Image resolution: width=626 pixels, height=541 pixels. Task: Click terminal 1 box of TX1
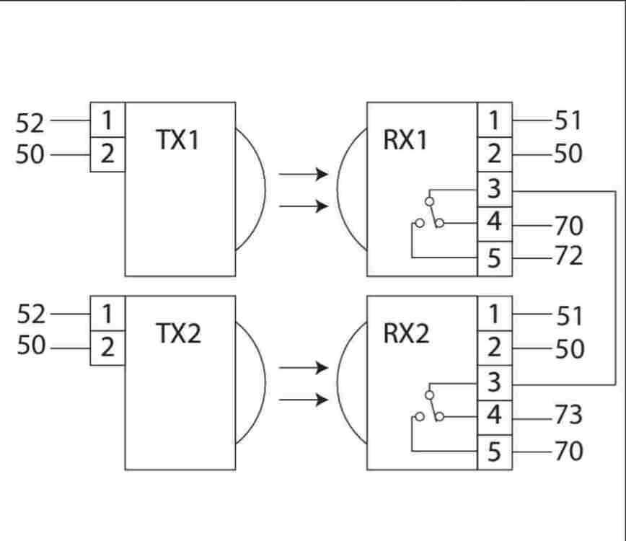pos(107,120)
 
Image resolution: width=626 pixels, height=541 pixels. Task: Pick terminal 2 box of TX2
pos(107,348)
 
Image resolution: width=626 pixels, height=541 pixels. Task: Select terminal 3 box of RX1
pos(495,190)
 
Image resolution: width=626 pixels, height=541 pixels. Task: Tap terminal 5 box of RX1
pos(495,258)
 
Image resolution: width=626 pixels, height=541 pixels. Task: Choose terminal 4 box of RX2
pos(495,417)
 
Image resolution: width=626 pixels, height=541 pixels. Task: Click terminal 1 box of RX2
pos(495,314)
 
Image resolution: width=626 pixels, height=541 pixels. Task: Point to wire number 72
pos(568,256)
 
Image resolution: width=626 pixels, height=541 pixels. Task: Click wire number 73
pos(568,416)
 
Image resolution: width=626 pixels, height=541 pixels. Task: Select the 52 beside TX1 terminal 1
pos(30,123)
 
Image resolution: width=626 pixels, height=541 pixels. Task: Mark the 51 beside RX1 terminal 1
pos(568,120)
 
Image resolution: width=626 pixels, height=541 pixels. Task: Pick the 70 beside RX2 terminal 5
pos(568,452)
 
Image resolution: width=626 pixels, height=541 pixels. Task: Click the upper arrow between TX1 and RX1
pos(304,174)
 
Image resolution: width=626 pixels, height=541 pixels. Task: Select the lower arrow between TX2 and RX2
pos(304,400)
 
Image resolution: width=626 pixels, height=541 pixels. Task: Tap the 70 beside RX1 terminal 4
pos(568,226)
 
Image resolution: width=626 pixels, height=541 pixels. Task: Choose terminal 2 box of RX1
pos(495,154)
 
